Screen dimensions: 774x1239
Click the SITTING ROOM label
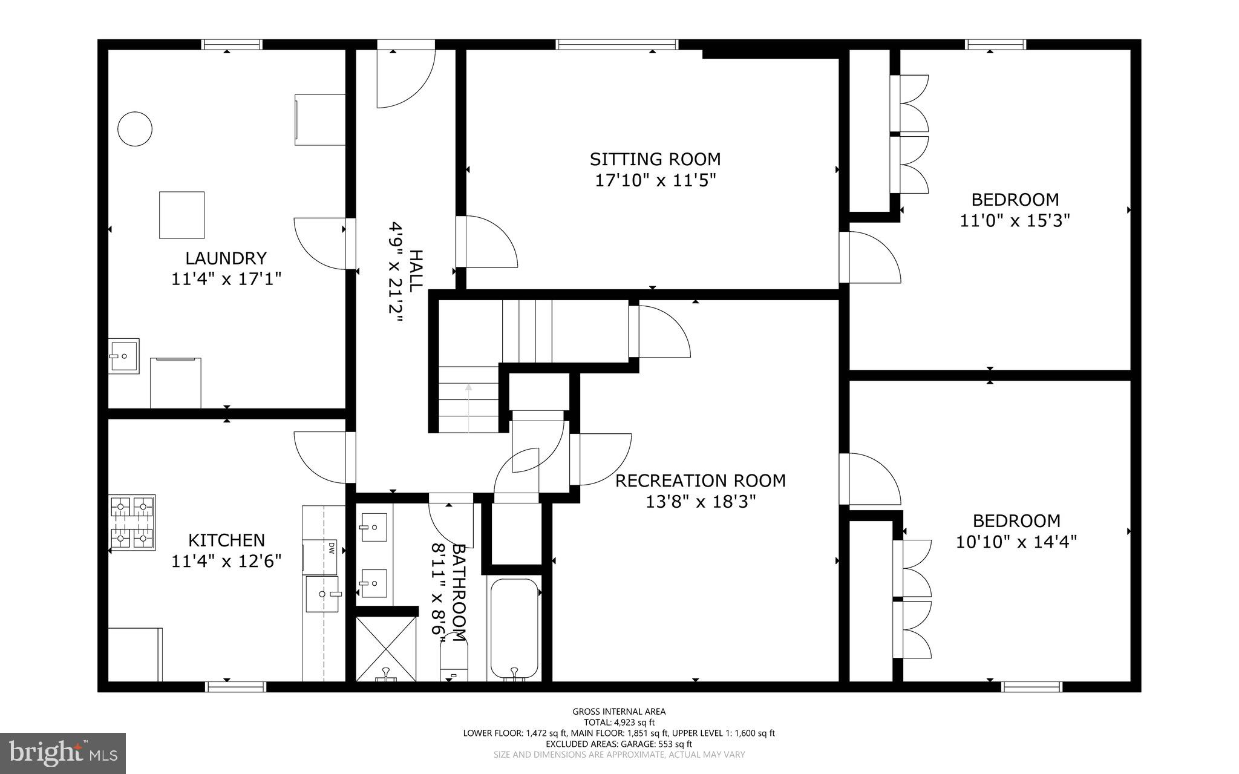pos(655,159)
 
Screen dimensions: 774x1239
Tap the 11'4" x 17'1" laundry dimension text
pos(226,279)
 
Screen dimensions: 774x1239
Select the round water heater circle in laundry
pos(134,128)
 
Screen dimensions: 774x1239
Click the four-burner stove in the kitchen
pos(132,522)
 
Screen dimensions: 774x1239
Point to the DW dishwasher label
pos(331,548)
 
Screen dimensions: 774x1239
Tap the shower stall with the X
pos(386,648)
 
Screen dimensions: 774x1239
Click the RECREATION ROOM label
pos(701,480)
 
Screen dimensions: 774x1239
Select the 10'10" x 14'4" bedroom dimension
pos(1016,541)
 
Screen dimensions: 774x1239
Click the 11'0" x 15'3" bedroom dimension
pos(1015,220)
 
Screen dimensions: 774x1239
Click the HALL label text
pos(416,271)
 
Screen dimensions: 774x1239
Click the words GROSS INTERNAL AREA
pos(619,712)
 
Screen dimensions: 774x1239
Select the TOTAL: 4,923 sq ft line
pos(619,722)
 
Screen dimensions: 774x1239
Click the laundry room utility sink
pos(124,356)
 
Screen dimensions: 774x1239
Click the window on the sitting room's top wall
pos(616,44)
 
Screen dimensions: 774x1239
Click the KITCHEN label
pos(226,540)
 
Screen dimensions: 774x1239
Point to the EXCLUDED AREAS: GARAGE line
pos(619,744)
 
